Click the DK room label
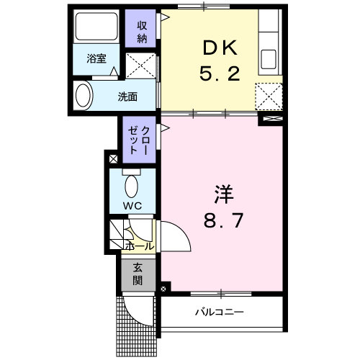point(220,48)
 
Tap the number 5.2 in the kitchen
point(220,73)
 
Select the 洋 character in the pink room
point(224,194)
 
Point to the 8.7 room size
point(224,220)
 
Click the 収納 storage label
point(142,32)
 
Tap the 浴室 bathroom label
point(96,58)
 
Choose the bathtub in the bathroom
point(96,27)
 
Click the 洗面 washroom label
point(127,96)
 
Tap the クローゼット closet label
point(139,140)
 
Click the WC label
point(132,206)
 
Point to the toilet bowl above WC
point(131,186)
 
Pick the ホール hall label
point(140,246)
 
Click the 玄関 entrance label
point(138,274)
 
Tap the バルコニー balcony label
point(220,312)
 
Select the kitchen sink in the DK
point(269,59)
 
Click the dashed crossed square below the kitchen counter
point(269,96)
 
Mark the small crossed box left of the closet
point(114,159)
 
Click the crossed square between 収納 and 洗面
point(141,66)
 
